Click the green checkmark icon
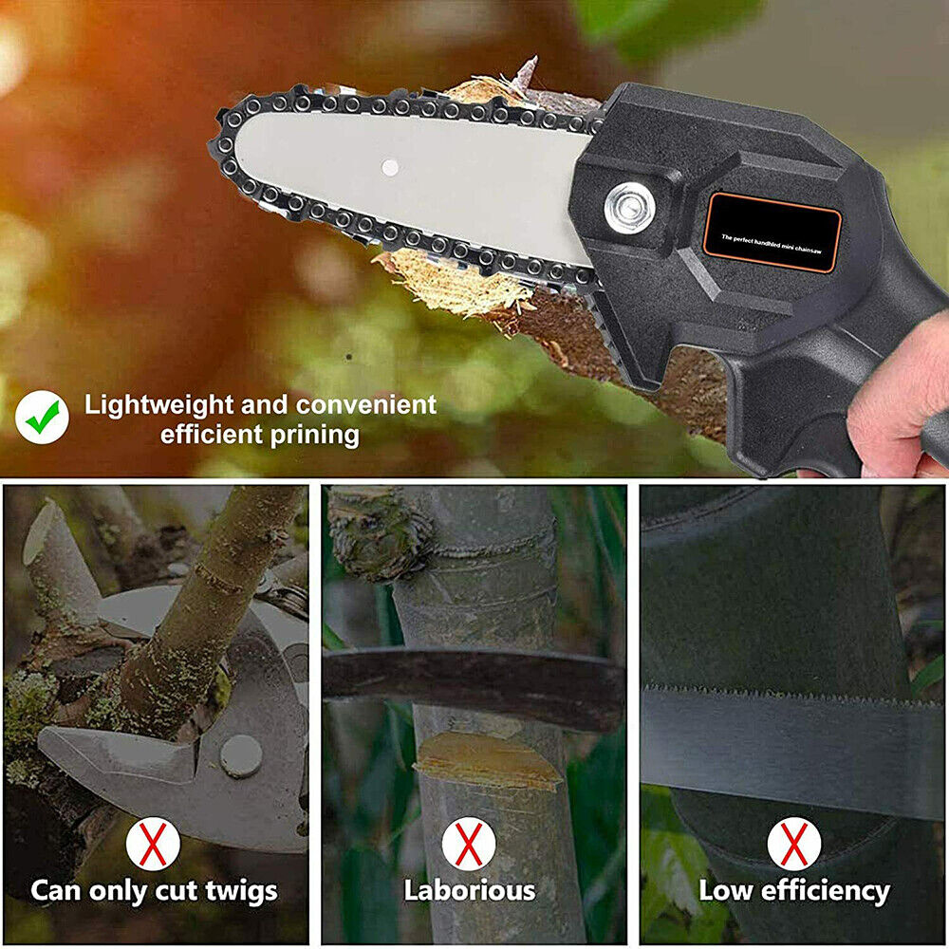click(x=42, y=417)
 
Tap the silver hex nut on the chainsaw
click(x=629, y=208)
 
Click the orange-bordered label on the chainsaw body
click(x=772, y=233)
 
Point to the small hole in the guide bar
click(x=390, y=168)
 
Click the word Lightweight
click(x=158, y=405)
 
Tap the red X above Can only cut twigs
click(x=153, y=843)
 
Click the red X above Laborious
click(x=469, y=843)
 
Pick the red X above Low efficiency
click(x=794, y=843)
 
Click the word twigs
click(x=241, y=891)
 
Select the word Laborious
click(x=470, y=891)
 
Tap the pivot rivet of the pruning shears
click(x=241, y=756)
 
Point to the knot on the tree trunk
click(x=381, y=532)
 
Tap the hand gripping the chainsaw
click(x=897, y=399)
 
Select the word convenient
click(x=366, y=405)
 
